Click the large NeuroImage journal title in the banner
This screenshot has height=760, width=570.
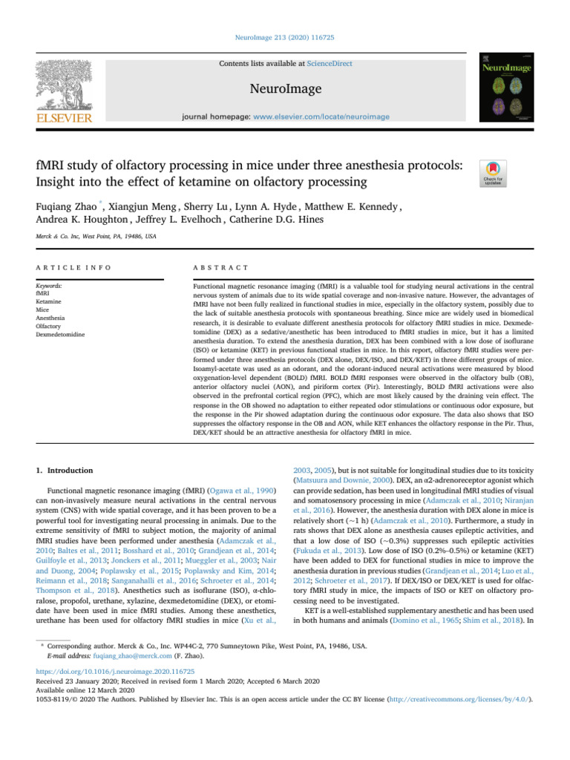point(285,89)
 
